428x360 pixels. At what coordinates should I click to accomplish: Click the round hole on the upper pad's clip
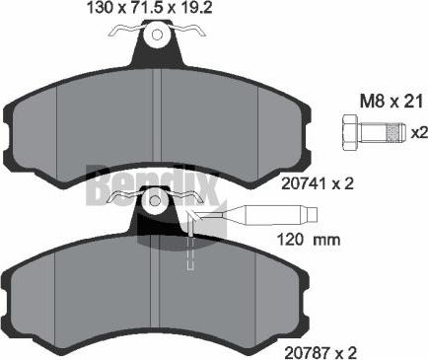pos(157,36)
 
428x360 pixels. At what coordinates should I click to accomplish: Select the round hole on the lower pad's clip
pos(155,203)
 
